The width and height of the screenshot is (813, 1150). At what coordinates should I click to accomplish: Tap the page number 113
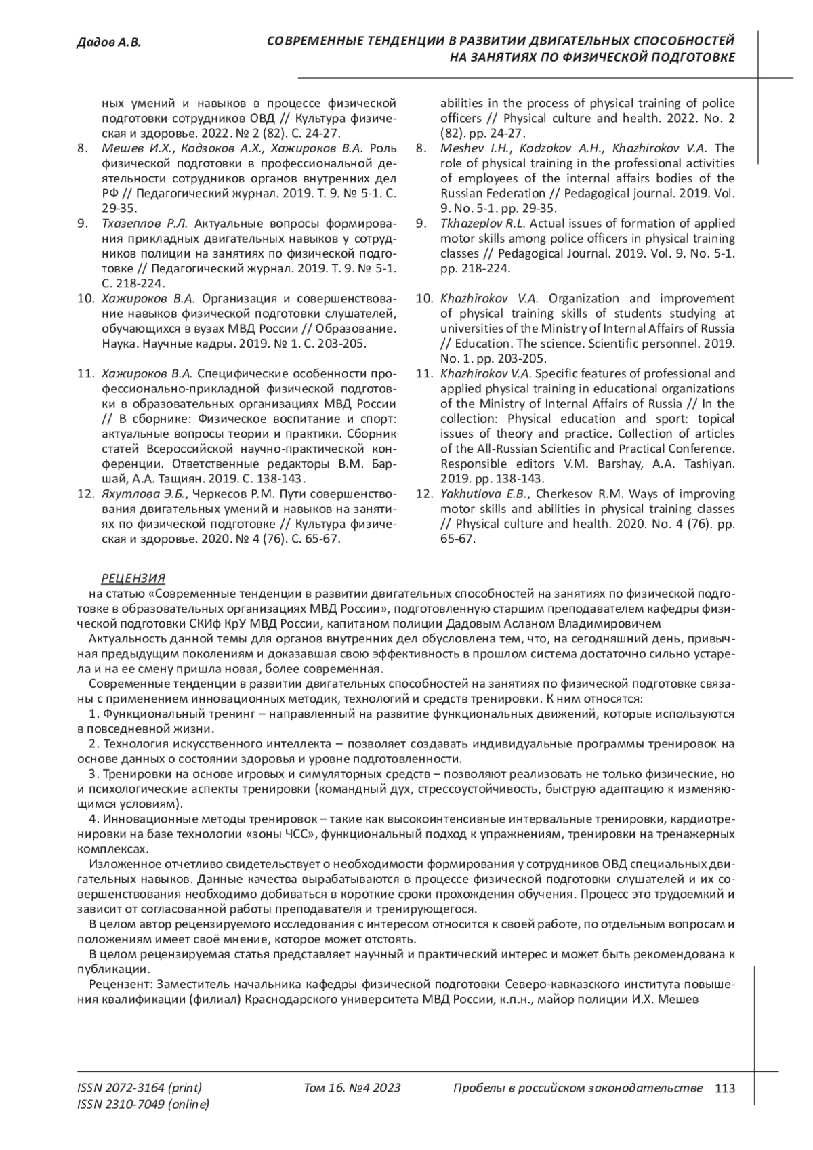click(x=725, y=1089)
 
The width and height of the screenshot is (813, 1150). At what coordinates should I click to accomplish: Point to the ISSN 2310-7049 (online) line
click(x=144, y=1105)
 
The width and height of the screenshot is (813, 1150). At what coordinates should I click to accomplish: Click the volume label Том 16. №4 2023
click(x=352, y=1088)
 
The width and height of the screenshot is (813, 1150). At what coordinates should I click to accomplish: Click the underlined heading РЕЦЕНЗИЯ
click(x=133, y=578)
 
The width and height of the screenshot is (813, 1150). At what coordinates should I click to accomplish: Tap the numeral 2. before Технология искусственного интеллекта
click(x=94, y=743)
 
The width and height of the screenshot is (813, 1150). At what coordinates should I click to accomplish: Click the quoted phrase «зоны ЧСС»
click(x=287, y=834)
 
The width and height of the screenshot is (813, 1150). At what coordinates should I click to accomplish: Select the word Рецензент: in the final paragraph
click(x=116, y=983)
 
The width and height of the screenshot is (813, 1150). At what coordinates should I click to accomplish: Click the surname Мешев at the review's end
click(x=678, y=999)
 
